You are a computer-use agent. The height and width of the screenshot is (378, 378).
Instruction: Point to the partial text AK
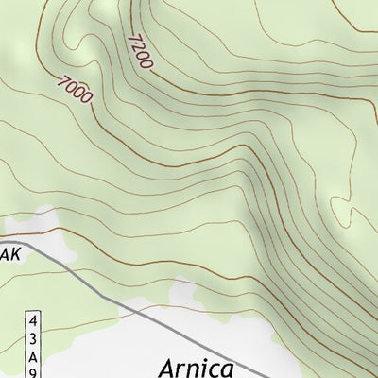tap(9, 255)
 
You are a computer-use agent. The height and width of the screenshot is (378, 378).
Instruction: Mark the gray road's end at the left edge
tap(1, 240)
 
